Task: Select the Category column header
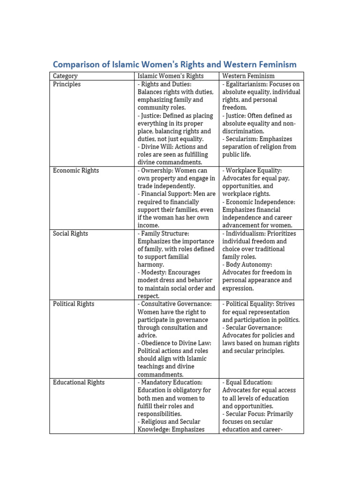65,76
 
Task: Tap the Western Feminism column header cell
248,76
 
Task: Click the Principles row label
67,84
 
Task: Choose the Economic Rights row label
76,171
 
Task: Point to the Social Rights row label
70,233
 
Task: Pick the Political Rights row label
74,304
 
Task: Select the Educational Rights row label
79,382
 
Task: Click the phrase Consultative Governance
177,304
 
